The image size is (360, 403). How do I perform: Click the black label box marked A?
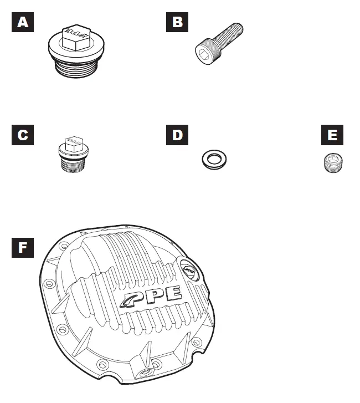pos(22,22)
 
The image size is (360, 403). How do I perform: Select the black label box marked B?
pos(177,22)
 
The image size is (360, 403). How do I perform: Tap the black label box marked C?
pos(22,135)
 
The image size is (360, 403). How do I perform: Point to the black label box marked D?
pos(177,135)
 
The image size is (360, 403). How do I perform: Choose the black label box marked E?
pos(332,135)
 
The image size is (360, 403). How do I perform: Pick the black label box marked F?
pos(22,247)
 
